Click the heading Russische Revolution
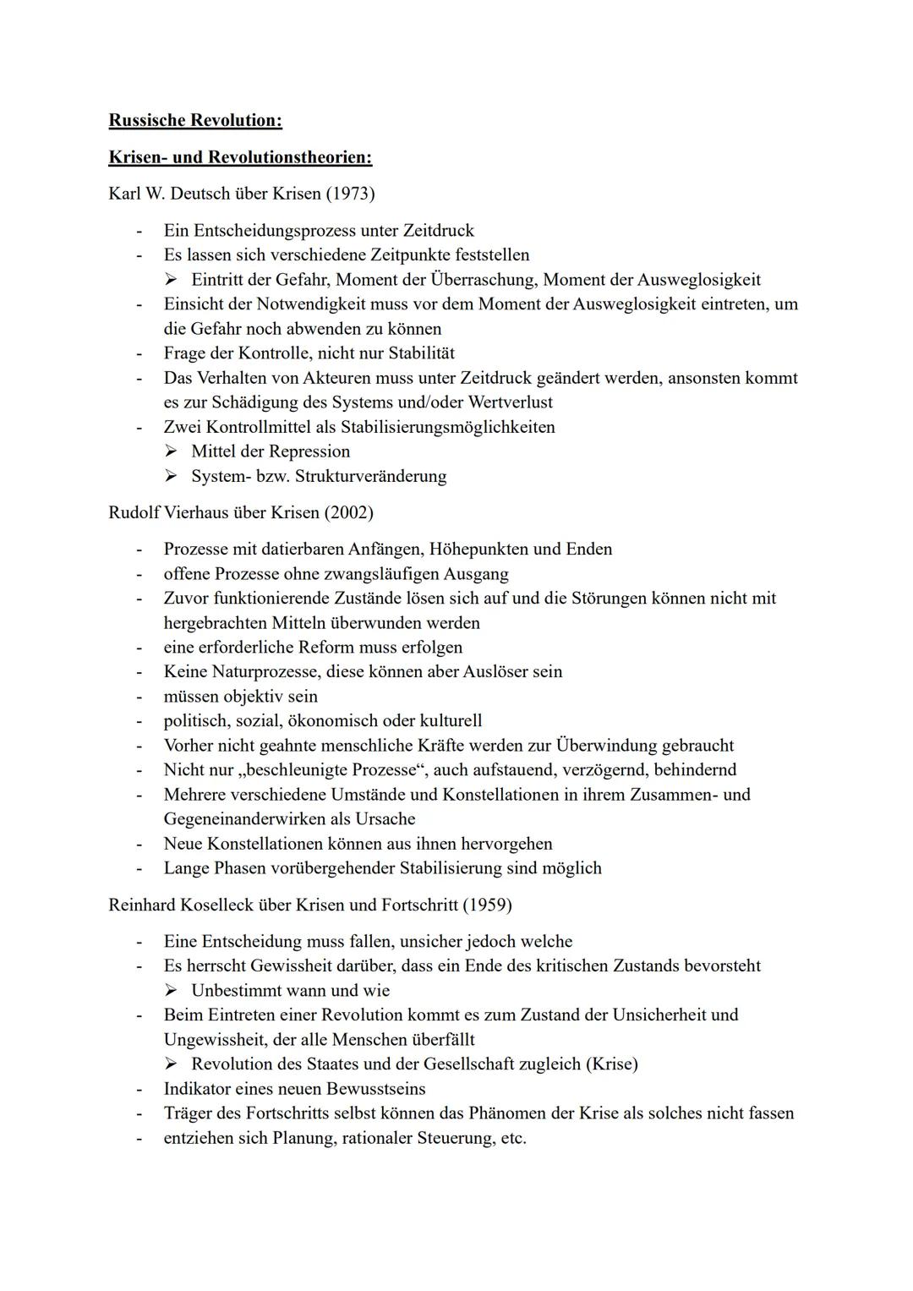pos(195,120)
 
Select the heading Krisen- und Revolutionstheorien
pos(240,157)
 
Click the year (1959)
pos(487,905)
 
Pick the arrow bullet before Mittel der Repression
pos(171,451)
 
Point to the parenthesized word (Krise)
pos(611,1064)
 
